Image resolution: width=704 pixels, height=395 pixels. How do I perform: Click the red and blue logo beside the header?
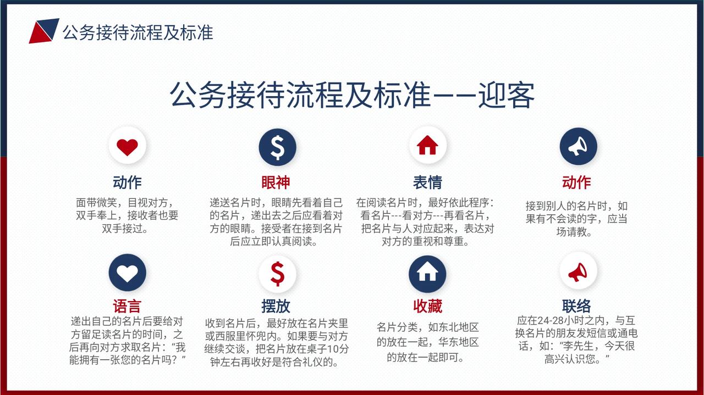pos(44,31)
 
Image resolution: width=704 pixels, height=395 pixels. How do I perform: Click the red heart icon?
pos(127,147)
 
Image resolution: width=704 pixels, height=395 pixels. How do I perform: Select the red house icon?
pos(427,145)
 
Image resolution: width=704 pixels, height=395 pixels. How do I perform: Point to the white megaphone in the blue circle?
pos(577,147)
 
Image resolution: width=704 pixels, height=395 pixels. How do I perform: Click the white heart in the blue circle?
pos(127,273)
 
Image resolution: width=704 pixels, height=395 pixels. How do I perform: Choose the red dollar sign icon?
pos(278,274)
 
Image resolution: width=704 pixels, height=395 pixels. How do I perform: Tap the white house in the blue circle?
pos(427,272)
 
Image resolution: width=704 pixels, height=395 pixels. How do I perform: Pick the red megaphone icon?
pos(577,272)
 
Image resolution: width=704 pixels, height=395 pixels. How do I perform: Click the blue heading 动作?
pos(127,182)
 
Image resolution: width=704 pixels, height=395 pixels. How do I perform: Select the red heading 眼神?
pos(276,182)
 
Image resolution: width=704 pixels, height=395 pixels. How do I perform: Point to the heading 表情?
pos(427,182)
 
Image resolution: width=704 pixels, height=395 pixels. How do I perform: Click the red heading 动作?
pos(576,182)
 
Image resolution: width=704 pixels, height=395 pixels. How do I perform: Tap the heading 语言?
pos(127,306)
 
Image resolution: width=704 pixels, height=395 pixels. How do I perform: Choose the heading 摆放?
pos(276,306)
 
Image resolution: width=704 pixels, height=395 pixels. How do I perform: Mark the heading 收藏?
pos(427,306)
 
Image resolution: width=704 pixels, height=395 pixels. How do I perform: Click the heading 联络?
pos(576,306)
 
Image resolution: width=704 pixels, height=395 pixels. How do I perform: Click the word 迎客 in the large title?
pos(507,96)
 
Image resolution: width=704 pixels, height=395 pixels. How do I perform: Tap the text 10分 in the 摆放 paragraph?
pos(338,349)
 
